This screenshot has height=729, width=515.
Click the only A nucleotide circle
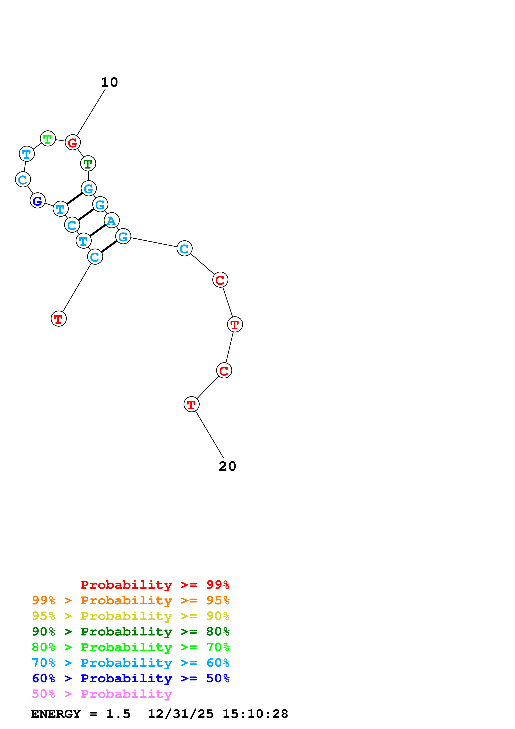click(x=111, y=220)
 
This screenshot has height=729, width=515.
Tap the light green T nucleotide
click(x=48, y=139)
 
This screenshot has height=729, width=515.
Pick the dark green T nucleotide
click(x=88, y=164)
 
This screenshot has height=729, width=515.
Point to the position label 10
click(x=109, y=83)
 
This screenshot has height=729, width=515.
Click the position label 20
click(x=227, y=466)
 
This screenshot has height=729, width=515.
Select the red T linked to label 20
click(x=191, y=405)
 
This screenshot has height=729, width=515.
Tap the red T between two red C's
click(x=235, y=324)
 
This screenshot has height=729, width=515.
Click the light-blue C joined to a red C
click(x=184, y=249)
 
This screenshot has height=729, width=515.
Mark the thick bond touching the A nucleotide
click(x=97, y=230)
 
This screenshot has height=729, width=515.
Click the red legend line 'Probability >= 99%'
click(x=155, y=585)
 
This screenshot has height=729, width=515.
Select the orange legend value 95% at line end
click(x=218, y=600)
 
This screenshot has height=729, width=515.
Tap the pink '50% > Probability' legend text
click(x=102, y=694)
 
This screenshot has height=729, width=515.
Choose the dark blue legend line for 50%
click(x=130, y=678)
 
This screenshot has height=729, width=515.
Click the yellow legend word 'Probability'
click(x=126, y=616)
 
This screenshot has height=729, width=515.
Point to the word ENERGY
click(x=56, y=714)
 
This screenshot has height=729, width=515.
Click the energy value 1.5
click(x=118, y=714)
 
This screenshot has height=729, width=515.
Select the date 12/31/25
click(x=181, y=714)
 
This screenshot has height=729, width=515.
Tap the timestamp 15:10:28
click(x=255, y=714)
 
